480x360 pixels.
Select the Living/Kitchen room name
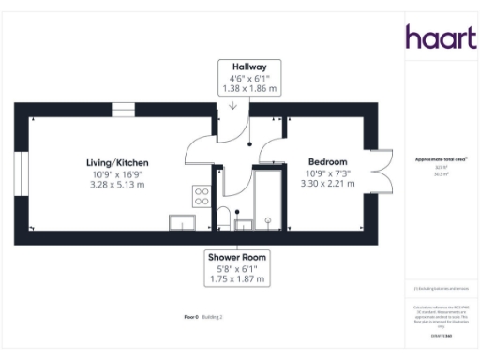[119, 162]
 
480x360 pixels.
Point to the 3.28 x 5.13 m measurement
[119, 185]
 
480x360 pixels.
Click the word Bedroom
[327, 162]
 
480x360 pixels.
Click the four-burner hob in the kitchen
[201, 195]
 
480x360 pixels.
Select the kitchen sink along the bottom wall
[181, 221]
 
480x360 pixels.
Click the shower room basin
[243, 222]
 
